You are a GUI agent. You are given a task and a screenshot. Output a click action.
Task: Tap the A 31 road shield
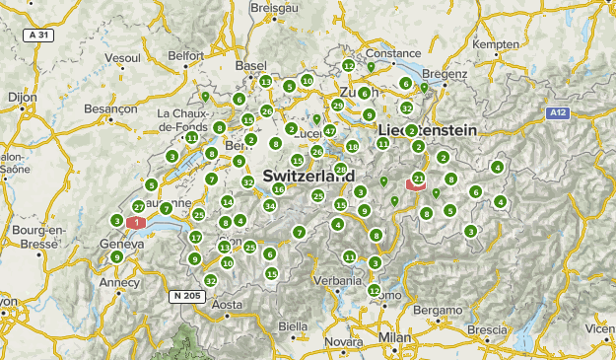[36, 35]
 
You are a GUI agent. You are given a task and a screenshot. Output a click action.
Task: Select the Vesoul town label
[121, 58]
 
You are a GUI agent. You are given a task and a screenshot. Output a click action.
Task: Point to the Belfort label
[185, 56]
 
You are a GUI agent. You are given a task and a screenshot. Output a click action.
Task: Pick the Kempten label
[495, 45]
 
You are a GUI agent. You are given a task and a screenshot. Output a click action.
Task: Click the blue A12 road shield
[559, 113]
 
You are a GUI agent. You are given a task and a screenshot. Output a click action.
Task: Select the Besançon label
[109, 108]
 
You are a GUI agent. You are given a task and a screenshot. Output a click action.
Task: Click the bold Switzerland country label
[308, 175]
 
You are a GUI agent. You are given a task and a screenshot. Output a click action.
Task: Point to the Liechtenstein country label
[428, 130]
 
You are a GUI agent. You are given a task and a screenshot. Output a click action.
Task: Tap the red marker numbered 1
[130, 223]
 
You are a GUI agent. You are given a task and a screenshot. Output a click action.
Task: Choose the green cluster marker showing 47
[330, 130]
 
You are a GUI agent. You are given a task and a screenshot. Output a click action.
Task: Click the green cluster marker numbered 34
[269, 205]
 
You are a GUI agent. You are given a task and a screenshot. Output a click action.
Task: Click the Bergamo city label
[437, 311]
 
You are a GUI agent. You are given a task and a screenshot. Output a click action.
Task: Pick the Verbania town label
[336, 280]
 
